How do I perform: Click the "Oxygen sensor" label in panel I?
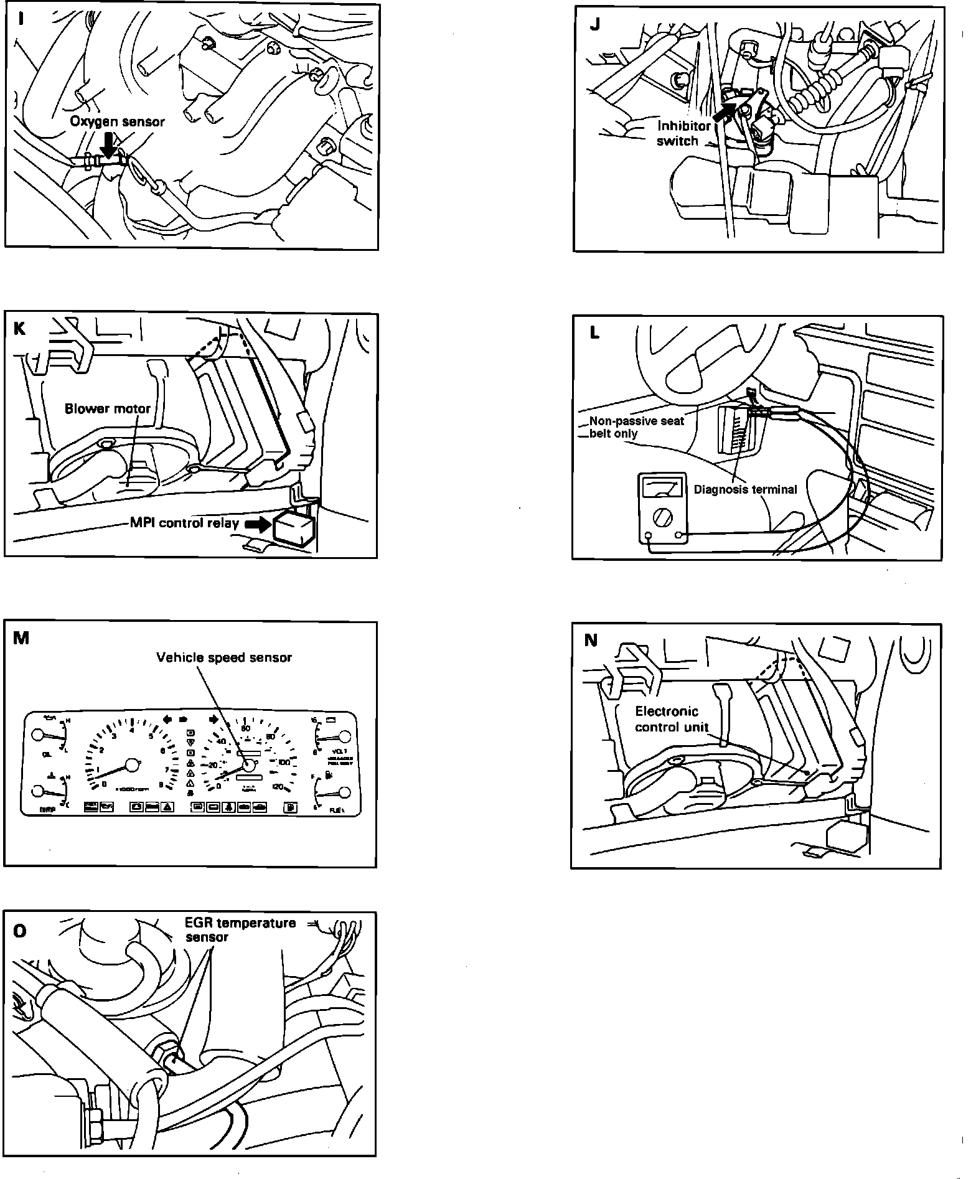coord(117,121)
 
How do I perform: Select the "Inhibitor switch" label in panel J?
coord(683,133)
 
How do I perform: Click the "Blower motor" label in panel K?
coord(108,409)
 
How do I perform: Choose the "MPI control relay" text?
coord(184,523)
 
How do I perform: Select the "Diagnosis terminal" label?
coord(745,489)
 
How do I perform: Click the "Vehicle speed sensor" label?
coord(224,657)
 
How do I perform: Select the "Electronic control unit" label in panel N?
coord(671,718)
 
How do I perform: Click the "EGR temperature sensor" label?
coord(240,929)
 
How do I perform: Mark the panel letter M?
coord(21,638)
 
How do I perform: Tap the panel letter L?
coord(594,333)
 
